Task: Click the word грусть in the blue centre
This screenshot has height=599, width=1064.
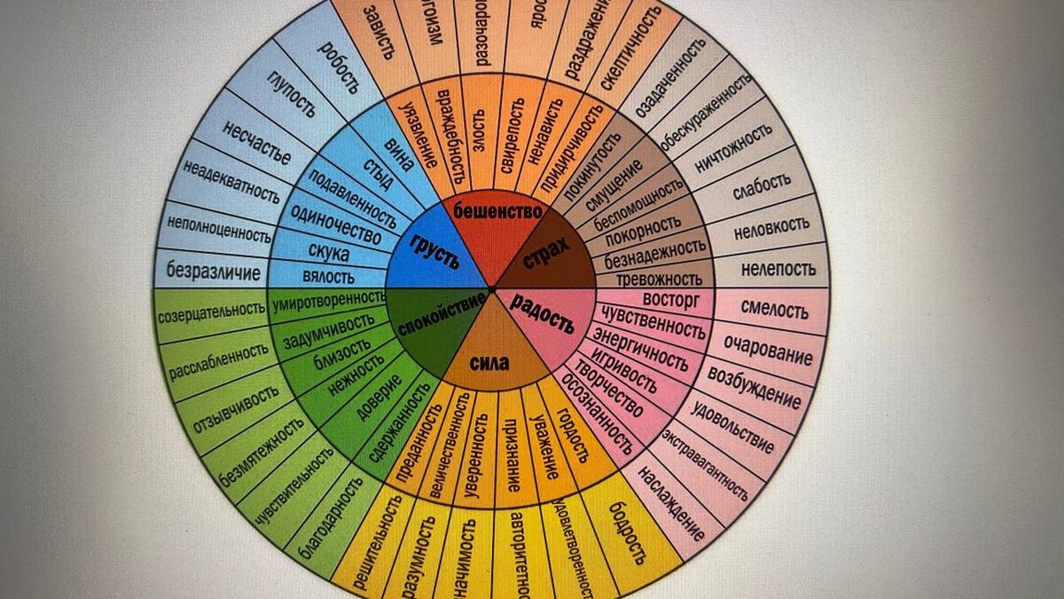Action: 434,249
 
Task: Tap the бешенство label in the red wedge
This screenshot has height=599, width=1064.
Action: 497,211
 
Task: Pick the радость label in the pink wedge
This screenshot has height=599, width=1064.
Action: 544,312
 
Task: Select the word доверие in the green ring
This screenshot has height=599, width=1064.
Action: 379,398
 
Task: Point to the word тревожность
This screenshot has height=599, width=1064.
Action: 659,279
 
